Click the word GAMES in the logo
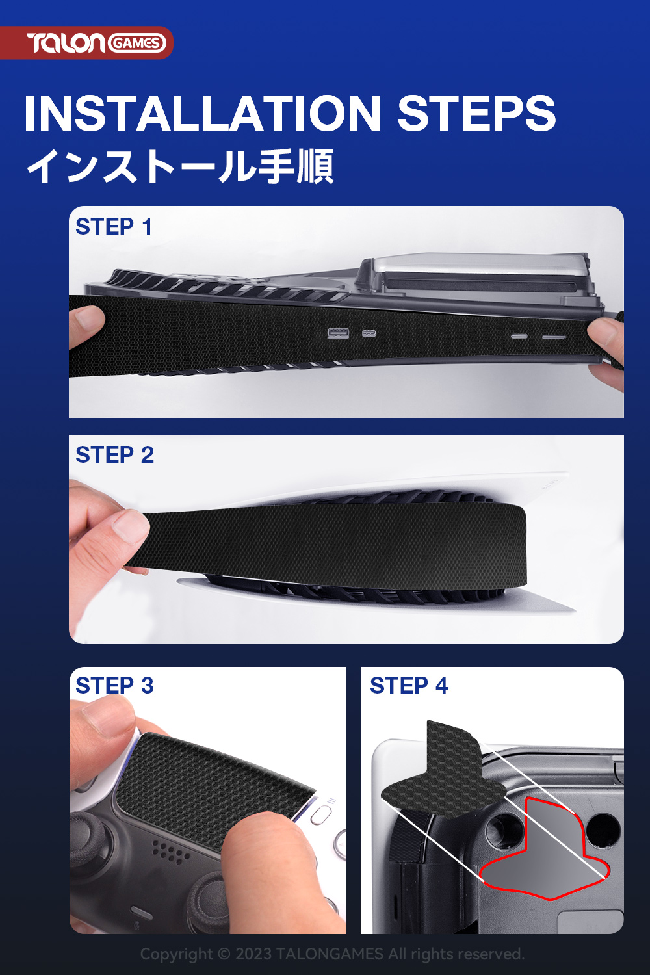tap(136, 44)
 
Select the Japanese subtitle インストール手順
tap(180, 166)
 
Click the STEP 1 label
tap(114, 227)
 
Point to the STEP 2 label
tap(115, 455)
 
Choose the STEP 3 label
tap(115, 686)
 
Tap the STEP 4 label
tap(409, 686)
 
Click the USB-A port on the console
tap(338, 333)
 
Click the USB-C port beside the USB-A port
tap(369, 334)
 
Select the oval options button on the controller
tap(321, 815)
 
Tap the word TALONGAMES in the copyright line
tap(330, 954)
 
